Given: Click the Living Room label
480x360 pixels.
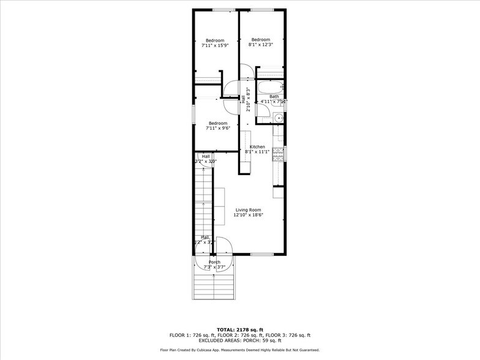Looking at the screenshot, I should (249, 210).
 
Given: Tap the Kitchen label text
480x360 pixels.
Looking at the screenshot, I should (257, 147).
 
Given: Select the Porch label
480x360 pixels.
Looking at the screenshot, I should (214, 262).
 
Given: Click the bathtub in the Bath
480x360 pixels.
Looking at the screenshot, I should (269, 86).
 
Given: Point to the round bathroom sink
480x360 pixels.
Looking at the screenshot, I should (277, 118).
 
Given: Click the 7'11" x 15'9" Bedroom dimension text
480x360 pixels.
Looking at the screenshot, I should (215, 45).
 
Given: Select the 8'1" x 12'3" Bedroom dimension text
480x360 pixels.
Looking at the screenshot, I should (260, 45).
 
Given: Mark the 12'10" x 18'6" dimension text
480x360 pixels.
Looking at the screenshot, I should (249, 215).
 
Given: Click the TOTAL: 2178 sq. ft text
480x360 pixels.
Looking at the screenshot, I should (240, 329).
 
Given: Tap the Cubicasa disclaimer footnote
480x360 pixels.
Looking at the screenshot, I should (240, 350).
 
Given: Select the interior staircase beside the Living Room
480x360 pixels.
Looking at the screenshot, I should (203, 202).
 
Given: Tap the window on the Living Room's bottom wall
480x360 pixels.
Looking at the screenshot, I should (261, 254).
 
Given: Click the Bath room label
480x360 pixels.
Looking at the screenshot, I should (274, 96).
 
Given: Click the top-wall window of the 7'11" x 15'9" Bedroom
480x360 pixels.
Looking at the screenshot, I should (223, 10).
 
